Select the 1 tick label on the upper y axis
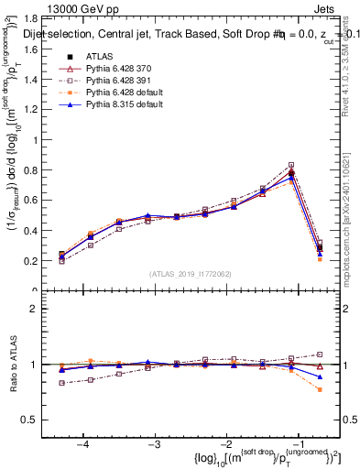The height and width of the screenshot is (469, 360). (43, 139)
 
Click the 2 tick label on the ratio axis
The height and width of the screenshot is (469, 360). (43, 310)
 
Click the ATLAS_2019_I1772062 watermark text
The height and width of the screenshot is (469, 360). (191, 274)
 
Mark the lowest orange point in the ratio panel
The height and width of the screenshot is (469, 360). (320, 389)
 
